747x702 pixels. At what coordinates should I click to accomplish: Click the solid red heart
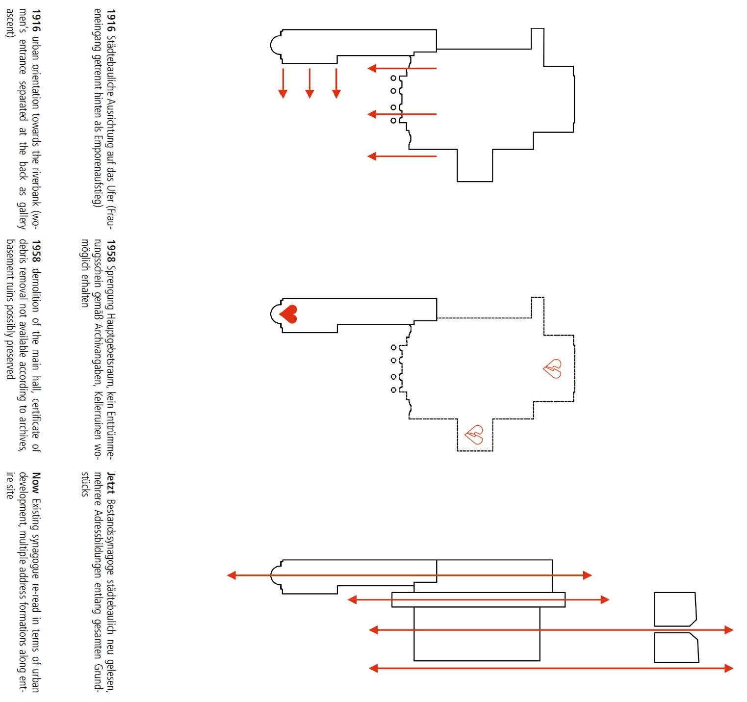click(x=288, y=314)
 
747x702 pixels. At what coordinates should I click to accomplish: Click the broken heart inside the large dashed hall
click(x=552, y=368)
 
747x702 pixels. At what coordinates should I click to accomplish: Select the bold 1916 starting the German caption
click(x=111, y=20)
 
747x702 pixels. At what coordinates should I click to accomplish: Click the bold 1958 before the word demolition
click(x=36, y=251)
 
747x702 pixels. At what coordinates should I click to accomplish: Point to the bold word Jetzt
click(x=111, y=483)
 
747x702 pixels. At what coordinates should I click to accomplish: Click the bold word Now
click(x=36, y=483)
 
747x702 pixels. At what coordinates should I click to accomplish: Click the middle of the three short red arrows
click(x=309, y=83)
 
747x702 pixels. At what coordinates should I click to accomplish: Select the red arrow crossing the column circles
click(x=402, y=114)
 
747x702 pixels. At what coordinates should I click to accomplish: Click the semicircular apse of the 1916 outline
click(x=276, y=46)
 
